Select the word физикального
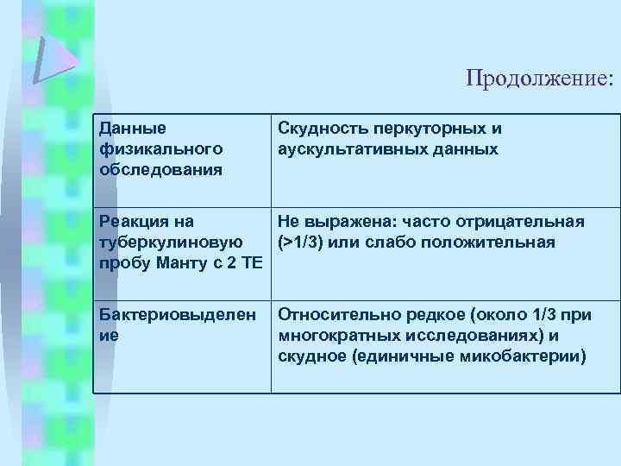click(x=160, y=148)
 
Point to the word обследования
click(x=160, y=168)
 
